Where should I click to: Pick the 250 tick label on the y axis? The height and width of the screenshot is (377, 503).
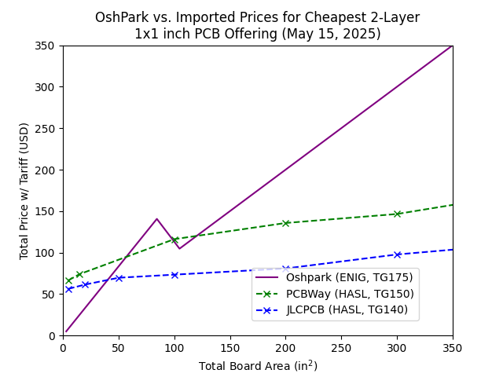coord(47,129)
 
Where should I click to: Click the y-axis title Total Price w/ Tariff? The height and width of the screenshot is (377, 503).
coord(24,191)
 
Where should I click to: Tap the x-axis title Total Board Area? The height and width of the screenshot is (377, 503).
coord(258,366)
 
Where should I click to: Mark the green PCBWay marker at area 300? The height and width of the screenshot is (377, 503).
coord(397,214)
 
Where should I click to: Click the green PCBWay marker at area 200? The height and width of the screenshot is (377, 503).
coord(286,223)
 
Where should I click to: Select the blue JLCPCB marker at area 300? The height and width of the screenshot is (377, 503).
coord(397,254)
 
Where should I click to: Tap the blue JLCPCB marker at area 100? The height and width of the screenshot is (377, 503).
coord(174,275)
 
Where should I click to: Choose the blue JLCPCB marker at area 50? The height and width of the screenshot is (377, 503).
coord(119,278)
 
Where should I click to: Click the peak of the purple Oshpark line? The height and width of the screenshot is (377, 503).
coord(156,219)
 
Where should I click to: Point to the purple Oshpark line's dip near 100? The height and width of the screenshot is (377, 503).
coord(179,249)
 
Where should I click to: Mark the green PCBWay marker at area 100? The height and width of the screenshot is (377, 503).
coord(174,240)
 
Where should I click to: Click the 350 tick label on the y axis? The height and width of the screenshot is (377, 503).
coord(47,46)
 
